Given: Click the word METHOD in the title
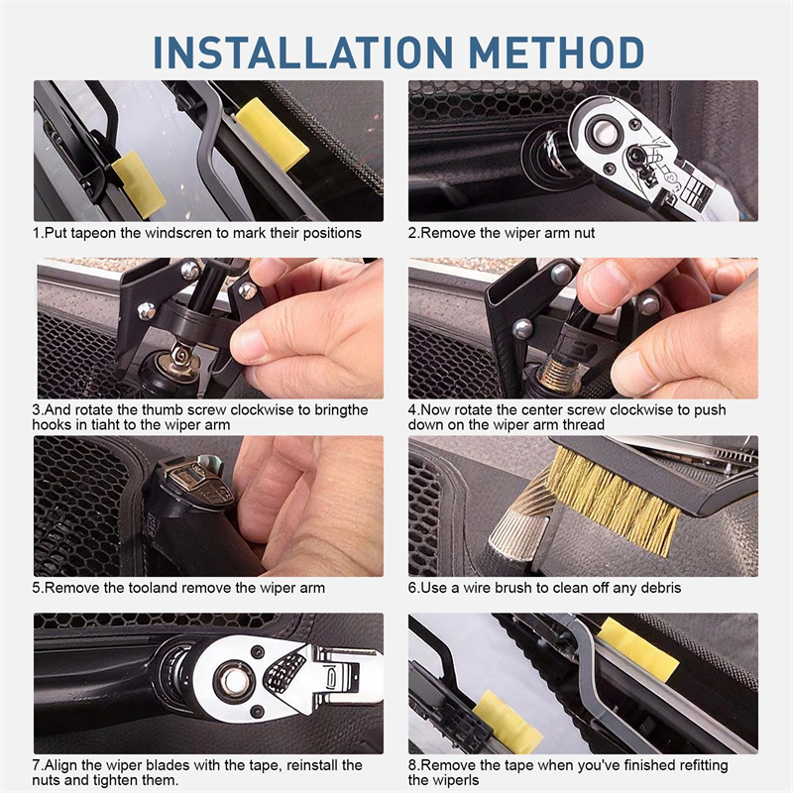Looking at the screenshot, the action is [x=556, y=53].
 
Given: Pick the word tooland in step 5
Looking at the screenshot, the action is [x=153, y=588].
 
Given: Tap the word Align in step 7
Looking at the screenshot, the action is [x=61, y=765].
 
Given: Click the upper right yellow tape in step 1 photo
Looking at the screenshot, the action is [x=272, y=135].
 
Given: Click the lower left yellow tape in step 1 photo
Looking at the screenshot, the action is [x=139, y=184].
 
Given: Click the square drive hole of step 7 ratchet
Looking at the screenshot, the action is [x=234, y=681].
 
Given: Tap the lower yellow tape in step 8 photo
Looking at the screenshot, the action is [x=508, y=715].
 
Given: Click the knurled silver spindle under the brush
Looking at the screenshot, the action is [x=513, y=536].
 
